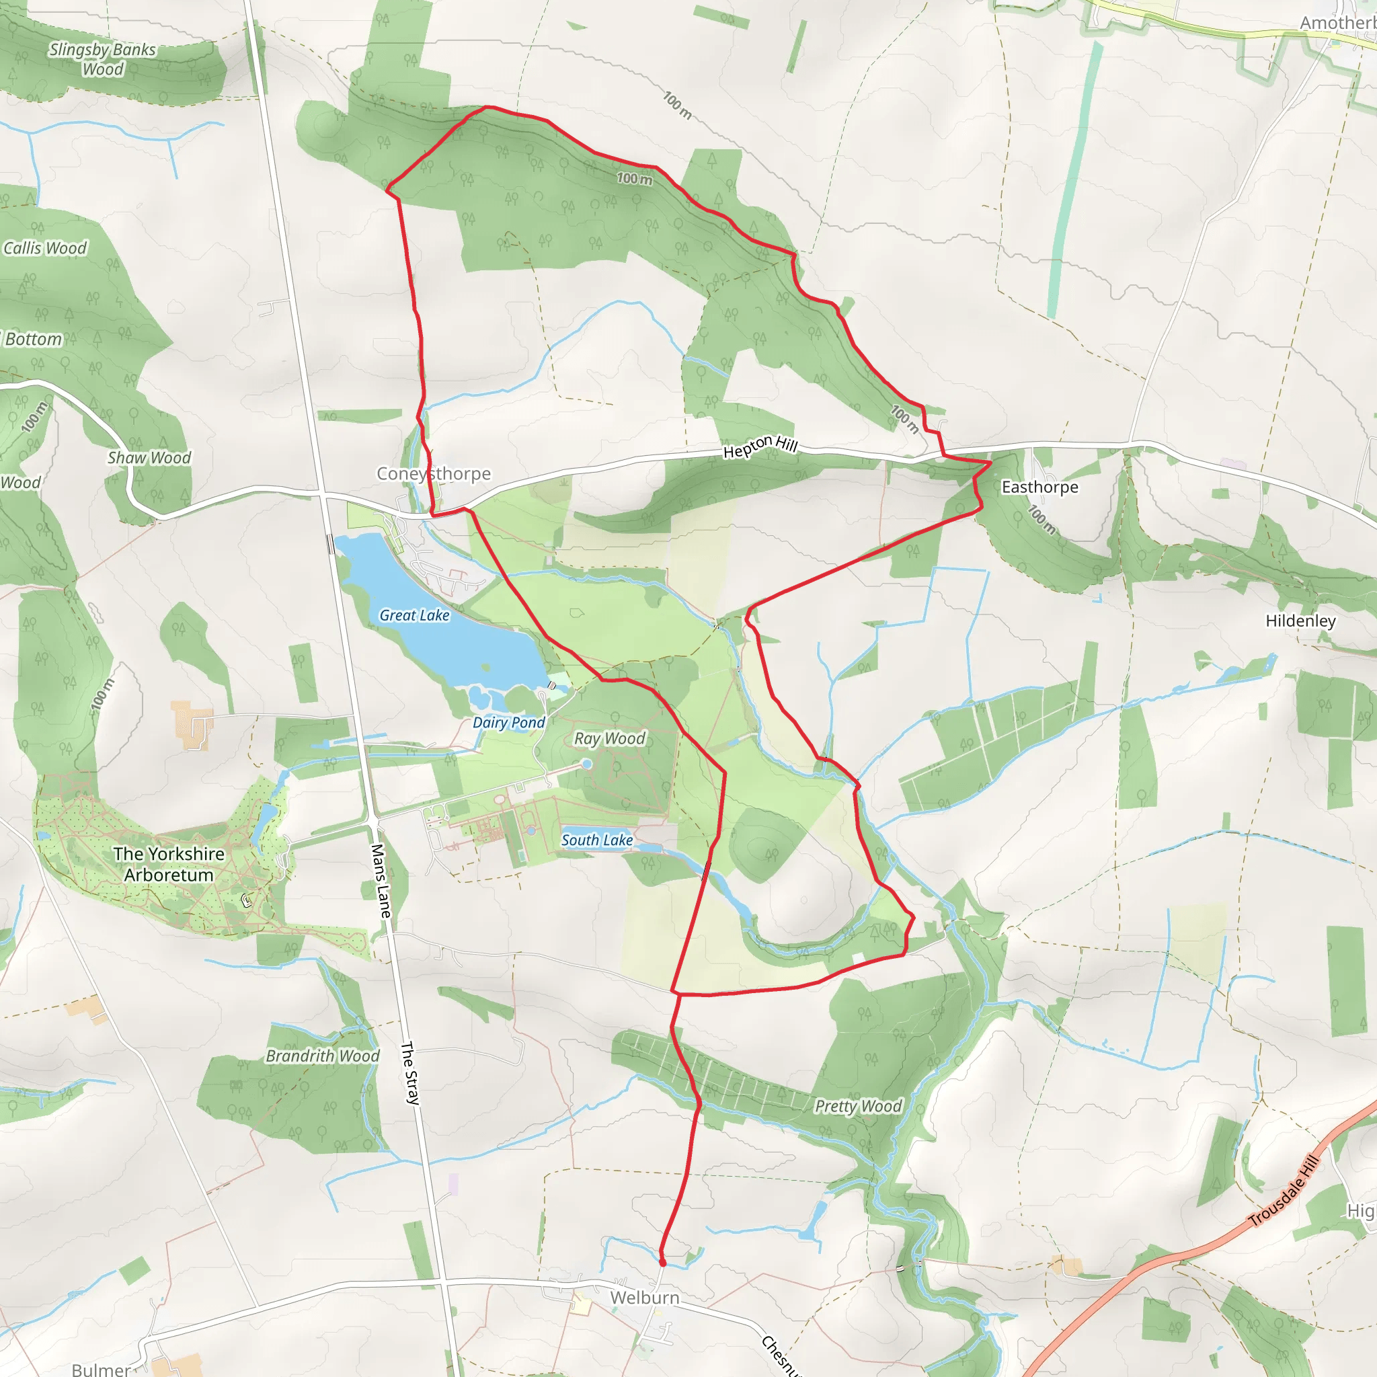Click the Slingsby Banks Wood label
pos(102,59)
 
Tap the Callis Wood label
pos(45,248)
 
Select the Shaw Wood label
pos(149,458)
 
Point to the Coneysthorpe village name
pos(434,473)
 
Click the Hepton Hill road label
pos(760,447)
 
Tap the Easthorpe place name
pos(1040,487)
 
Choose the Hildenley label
pos(1301,621)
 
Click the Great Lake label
pos(414,615)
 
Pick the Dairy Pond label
pos(509,723)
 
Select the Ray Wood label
pos(609,738)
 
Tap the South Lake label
pos(597,840)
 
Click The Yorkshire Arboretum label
pos(169,864)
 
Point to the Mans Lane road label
pos(381,881)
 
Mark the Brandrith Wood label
pos(322,1056)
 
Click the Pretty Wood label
pos(858,1106)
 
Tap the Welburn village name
pos(644,1298)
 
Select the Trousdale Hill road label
pos(1284,1191)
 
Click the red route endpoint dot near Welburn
pos(662,1262)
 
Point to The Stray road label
pos(410,1073)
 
